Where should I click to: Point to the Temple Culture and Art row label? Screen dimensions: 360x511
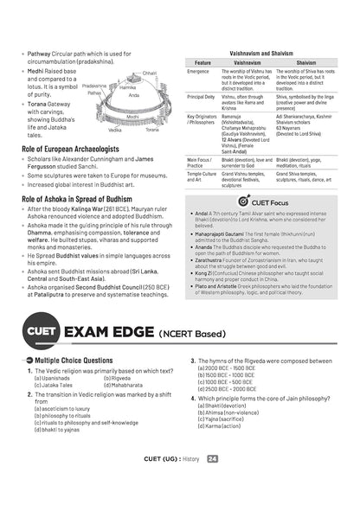[x=202, y=177]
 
